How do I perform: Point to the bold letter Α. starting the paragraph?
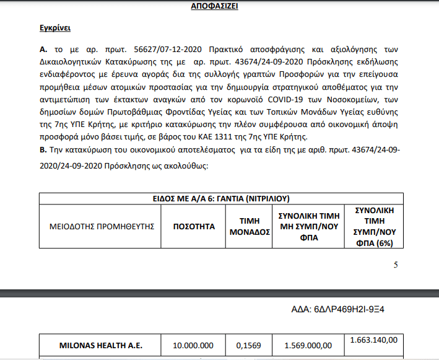click(43, 48)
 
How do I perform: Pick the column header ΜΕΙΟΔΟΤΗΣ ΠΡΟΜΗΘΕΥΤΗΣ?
click(101, 227)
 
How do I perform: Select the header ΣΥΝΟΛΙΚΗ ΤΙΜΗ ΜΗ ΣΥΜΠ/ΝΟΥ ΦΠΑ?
click(307, 227)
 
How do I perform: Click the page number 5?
click(396, 265)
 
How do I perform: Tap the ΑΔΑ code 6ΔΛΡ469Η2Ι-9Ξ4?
click(343, 308)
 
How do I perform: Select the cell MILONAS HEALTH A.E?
click(101, 346)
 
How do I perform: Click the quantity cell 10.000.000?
click(194, 346)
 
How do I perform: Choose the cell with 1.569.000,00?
click(307, 346)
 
